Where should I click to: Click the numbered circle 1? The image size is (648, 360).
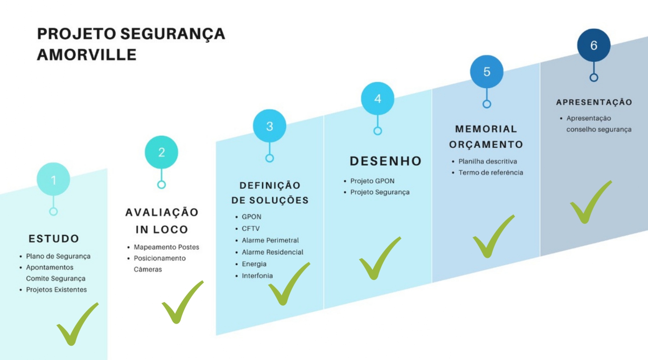(x=53, y=180)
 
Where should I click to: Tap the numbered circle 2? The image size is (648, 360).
(x=161, y=152)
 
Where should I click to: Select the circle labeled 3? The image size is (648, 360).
(x=269, y=126)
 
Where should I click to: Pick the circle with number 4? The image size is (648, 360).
(x=378, y=99)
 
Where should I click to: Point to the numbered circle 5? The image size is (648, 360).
(x=487, y=72)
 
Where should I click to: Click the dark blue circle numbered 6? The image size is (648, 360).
(x=594, y=46)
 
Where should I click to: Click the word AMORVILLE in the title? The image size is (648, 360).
(x=87, y=55)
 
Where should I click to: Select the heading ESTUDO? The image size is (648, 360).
(x=54, y=239)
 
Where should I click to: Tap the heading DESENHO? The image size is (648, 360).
(x=385, y=161)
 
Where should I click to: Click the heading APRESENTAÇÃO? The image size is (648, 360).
(x=594, y=102)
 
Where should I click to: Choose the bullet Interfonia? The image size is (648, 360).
(x=257, y=276)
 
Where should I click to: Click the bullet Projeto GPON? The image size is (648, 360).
(x=372, y=181)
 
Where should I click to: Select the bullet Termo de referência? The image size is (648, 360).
(x=490, y=173)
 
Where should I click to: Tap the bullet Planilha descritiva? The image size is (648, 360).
(x=488, y=162)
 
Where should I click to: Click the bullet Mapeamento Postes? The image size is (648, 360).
(x=166, y=247)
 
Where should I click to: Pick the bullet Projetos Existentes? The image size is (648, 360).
(x=56, y=290)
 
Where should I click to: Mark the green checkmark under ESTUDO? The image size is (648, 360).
(x=76, y=324)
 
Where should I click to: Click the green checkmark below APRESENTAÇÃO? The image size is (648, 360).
(x=590, y=203)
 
